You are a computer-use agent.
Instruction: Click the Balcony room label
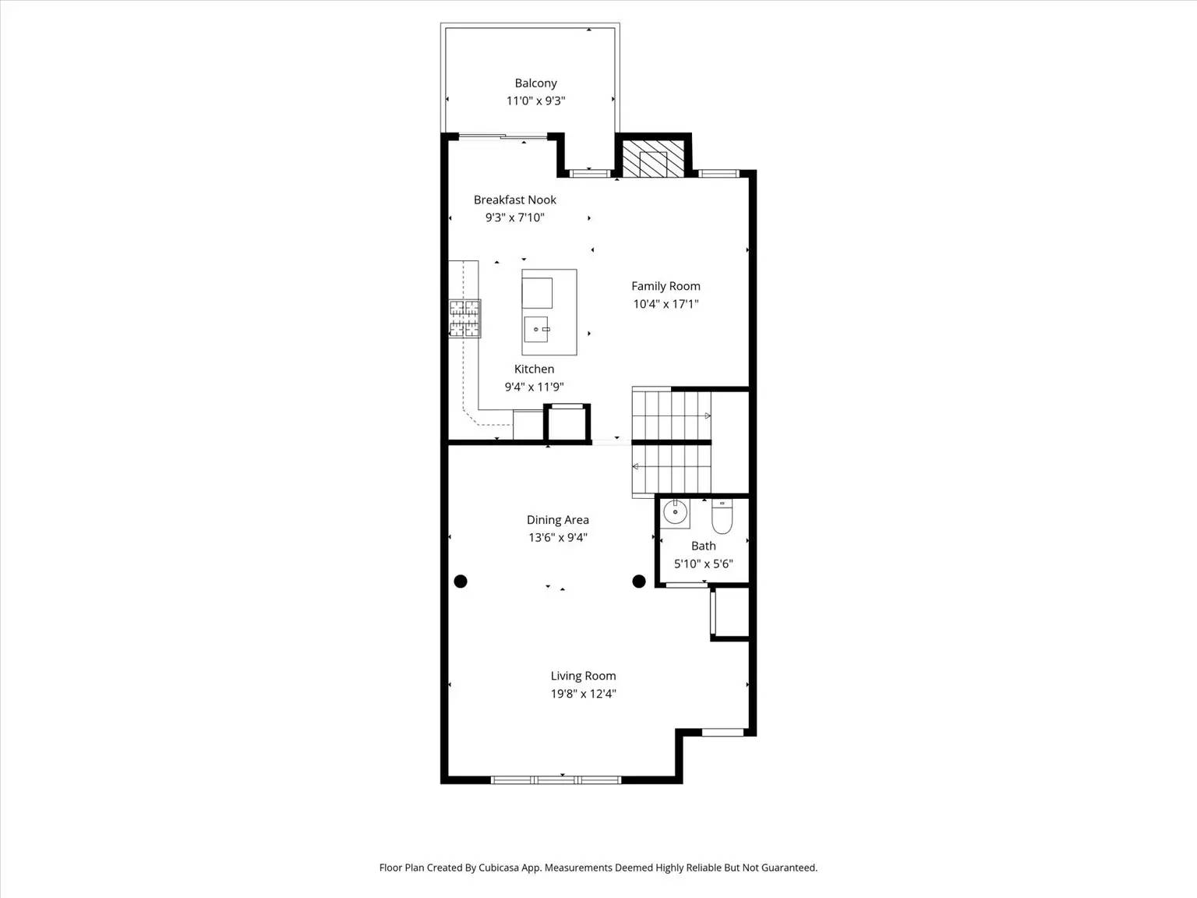[535, 83]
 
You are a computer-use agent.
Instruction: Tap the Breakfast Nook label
[514, 200]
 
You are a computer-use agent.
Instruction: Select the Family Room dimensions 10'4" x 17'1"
[665, 304]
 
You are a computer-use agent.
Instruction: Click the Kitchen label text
[534, 369]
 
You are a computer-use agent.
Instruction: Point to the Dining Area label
[557, 520]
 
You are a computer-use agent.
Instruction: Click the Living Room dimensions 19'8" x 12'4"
[583, 694]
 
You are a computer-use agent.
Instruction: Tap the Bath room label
[703, 546]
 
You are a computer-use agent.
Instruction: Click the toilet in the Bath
[722, 517]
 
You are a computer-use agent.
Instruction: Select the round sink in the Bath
[675, 514]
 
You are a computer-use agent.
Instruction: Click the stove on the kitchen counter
[464, 319]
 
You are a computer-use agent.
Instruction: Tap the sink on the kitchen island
[537, 329]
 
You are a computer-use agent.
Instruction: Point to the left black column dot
[461, 581]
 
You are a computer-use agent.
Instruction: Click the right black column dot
[639, 581]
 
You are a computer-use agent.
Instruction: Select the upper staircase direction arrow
[707, 415]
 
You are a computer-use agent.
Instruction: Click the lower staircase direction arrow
[636, 467]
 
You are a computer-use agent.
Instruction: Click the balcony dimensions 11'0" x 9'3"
[535, 101]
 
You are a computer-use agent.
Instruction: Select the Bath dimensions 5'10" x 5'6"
[703, 564]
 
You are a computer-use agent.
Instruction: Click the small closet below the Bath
[731, 613]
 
